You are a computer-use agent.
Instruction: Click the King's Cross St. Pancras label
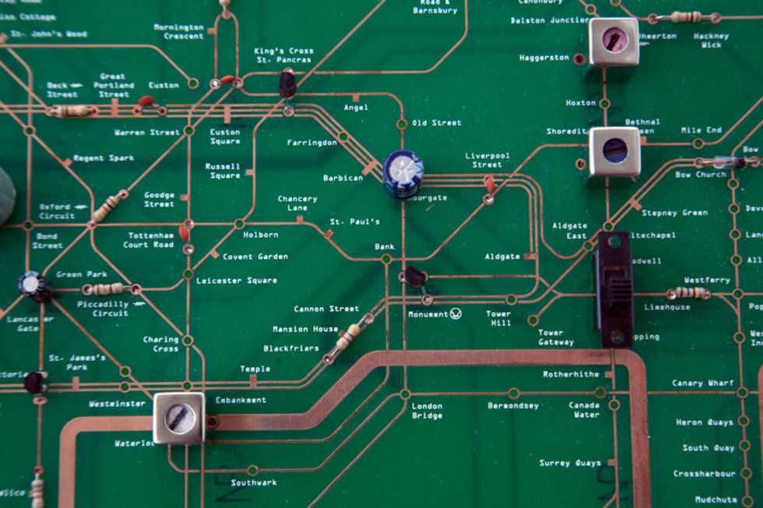click(283, 55)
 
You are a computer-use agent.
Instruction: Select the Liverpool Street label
click(487, 159)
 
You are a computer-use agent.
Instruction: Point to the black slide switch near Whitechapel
click(614, 289)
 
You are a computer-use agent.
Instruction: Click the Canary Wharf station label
click(702, 383)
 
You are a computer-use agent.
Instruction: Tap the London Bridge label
click(427, 410)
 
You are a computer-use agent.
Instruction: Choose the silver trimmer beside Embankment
click(179, 418)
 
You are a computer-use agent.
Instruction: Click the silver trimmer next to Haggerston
click(614, 41)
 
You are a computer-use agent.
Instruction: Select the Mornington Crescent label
click(178, 31)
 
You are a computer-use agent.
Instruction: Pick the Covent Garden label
click(255, 256)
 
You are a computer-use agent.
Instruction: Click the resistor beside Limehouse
click(689, 293)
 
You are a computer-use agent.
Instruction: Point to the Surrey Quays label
click(570, 463)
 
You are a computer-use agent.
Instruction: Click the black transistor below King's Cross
click(287, 83)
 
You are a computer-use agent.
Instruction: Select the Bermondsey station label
click(513, 405)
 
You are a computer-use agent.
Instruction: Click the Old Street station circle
click(402, 124)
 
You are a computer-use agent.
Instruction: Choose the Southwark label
click(254, 482)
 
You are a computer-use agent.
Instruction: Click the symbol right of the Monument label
click(456, 314)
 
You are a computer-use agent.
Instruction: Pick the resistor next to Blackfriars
click(348, 337)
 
